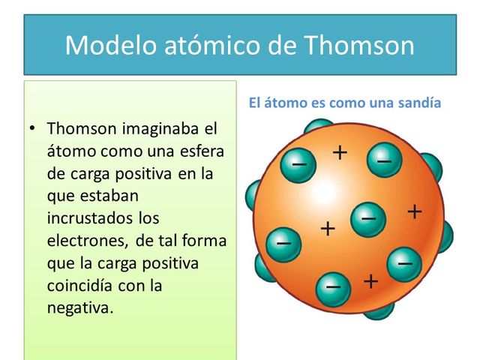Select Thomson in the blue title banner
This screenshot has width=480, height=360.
pos(359,46)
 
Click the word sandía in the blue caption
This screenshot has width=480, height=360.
pos(419,103)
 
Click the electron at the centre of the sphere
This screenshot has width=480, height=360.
pos(367,218)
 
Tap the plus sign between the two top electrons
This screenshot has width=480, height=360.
pos(340,153)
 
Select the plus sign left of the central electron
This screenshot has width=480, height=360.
pos(328,228)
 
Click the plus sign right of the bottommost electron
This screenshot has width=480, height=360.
pos(370,281)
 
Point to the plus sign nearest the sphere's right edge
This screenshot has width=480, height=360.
pos(415,212)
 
